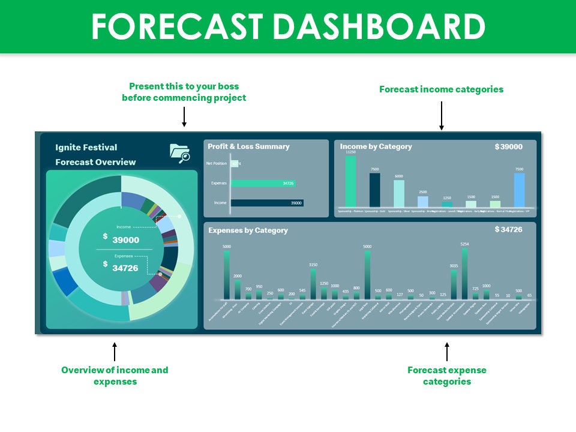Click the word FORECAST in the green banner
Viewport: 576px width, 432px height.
(178, 26)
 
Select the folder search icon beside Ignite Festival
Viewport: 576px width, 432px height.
(179, 153)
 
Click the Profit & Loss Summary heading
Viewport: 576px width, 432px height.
(248, 146)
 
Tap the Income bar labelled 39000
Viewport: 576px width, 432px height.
(267, 203)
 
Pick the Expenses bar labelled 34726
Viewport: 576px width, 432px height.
(263, 183)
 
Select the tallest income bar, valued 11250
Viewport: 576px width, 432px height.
(350, 182)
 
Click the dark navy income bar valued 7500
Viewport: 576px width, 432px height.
(375, 190)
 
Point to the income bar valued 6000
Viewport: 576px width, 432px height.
(399, 194)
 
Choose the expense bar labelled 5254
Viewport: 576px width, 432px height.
(464, 274)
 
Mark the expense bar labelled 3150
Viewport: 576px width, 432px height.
(313, 284)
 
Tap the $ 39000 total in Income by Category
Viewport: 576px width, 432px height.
(508, 146)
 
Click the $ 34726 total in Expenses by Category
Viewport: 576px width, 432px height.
(508, 230)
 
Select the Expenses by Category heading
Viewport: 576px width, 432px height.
(248, 230)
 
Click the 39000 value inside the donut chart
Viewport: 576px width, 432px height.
(125, 240)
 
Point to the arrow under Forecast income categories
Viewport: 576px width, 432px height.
(441, 115)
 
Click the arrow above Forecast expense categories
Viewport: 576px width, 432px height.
(446, 352)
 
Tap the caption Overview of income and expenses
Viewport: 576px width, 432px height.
(115, 376)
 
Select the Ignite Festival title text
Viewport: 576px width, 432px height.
(86, 147)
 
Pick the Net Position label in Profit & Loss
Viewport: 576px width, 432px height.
(215, 163)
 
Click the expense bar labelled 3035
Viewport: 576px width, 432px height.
(454, 284)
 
